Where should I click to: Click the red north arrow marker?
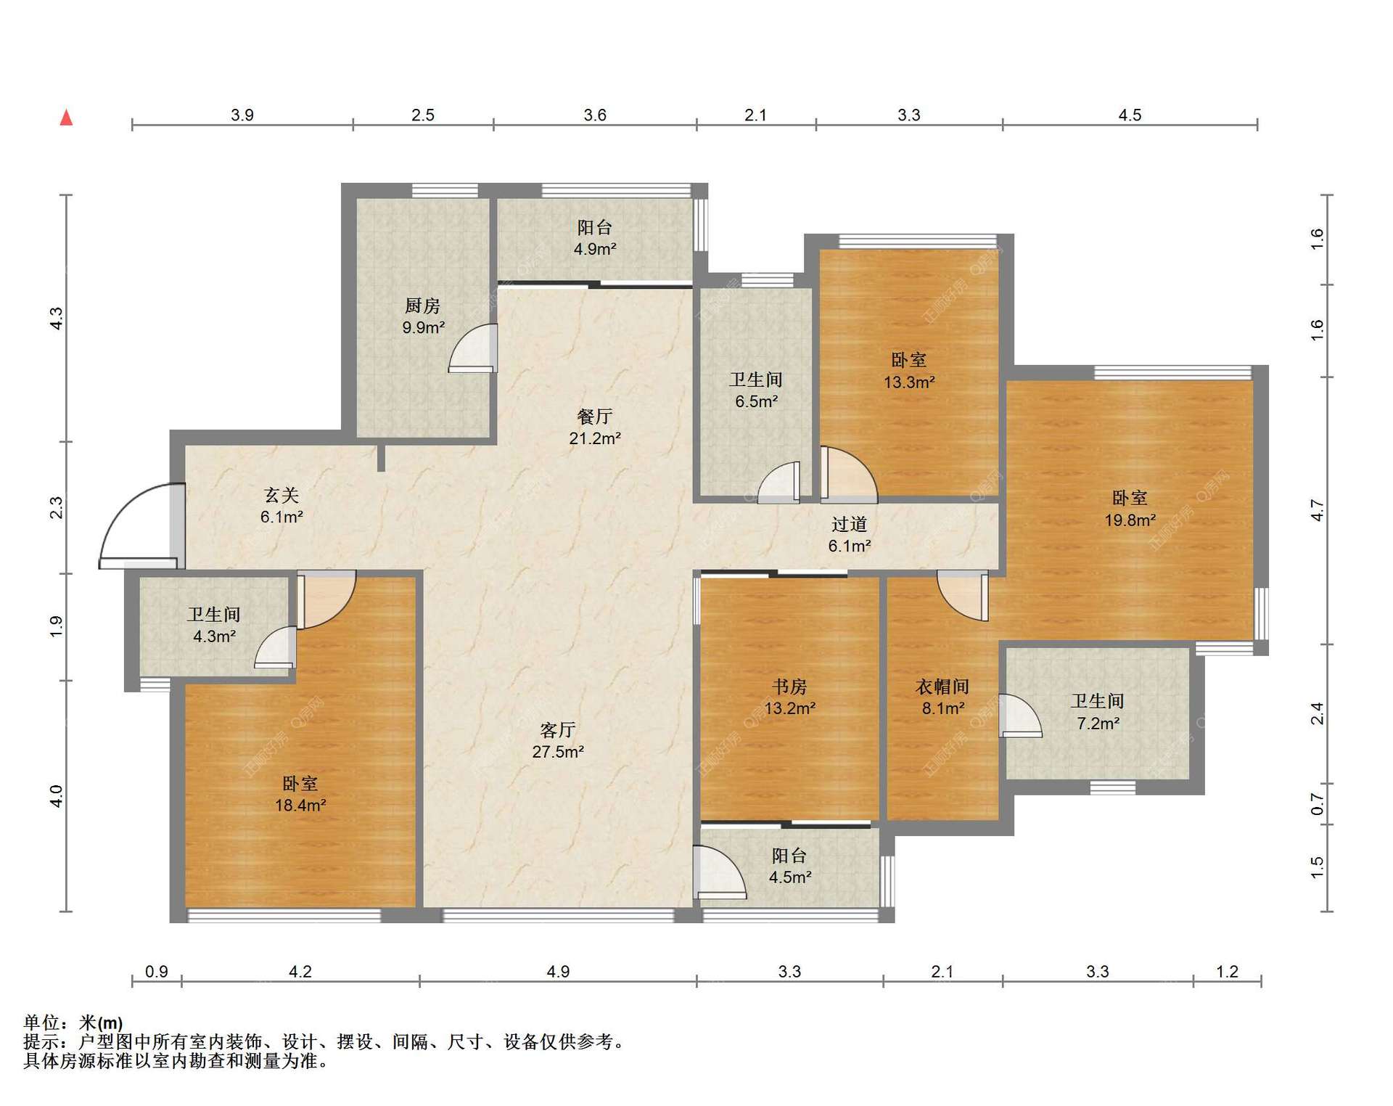pos(66,117)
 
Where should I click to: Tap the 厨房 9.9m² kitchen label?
pos(423,316)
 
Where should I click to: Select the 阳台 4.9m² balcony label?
pos(595,238)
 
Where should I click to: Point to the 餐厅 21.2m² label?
pos(595,427)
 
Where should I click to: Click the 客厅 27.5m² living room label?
pos(558,740)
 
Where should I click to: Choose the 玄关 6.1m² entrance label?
pos(282,506)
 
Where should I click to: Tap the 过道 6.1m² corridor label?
pos(850,534)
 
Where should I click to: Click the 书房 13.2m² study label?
pos(789,697)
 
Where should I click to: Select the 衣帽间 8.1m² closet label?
pos(943,697)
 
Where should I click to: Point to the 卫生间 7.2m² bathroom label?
pos(1098,712)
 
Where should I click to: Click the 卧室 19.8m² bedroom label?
pos(1130,509)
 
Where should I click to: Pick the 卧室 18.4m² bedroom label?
pos(300,794)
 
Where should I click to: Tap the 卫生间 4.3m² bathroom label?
pos(214,625)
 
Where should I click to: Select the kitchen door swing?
pos(472,348)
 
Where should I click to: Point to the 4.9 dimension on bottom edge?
pos(558,971)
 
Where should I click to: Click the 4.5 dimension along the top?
pos(1130,115)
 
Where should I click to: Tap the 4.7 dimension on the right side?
pos(1318,511)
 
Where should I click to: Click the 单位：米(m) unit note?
pos(73,1023)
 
